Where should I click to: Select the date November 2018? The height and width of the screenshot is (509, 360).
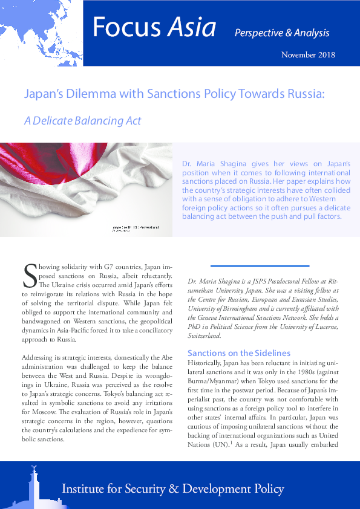point(307,55)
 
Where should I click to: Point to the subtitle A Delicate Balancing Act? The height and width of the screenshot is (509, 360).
point(82,121)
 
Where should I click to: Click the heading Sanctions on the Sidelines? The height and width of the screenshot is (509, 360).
point(239,353)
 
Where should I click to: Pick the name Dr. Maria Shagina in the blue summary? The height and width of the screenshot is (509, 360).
point(212,164)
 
